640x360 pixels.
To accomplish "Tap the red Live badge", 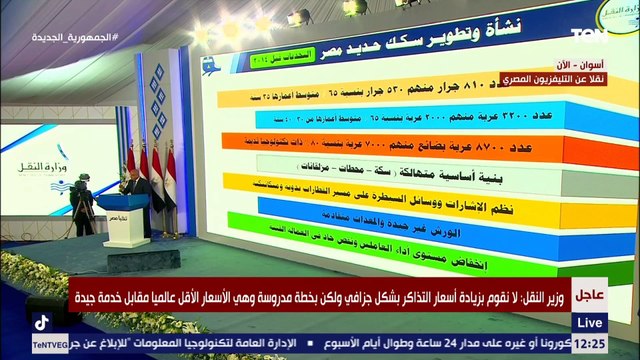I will (x=590, y=321).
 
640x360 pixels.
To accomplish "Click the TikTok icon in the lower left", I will (x=42, y=322).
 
